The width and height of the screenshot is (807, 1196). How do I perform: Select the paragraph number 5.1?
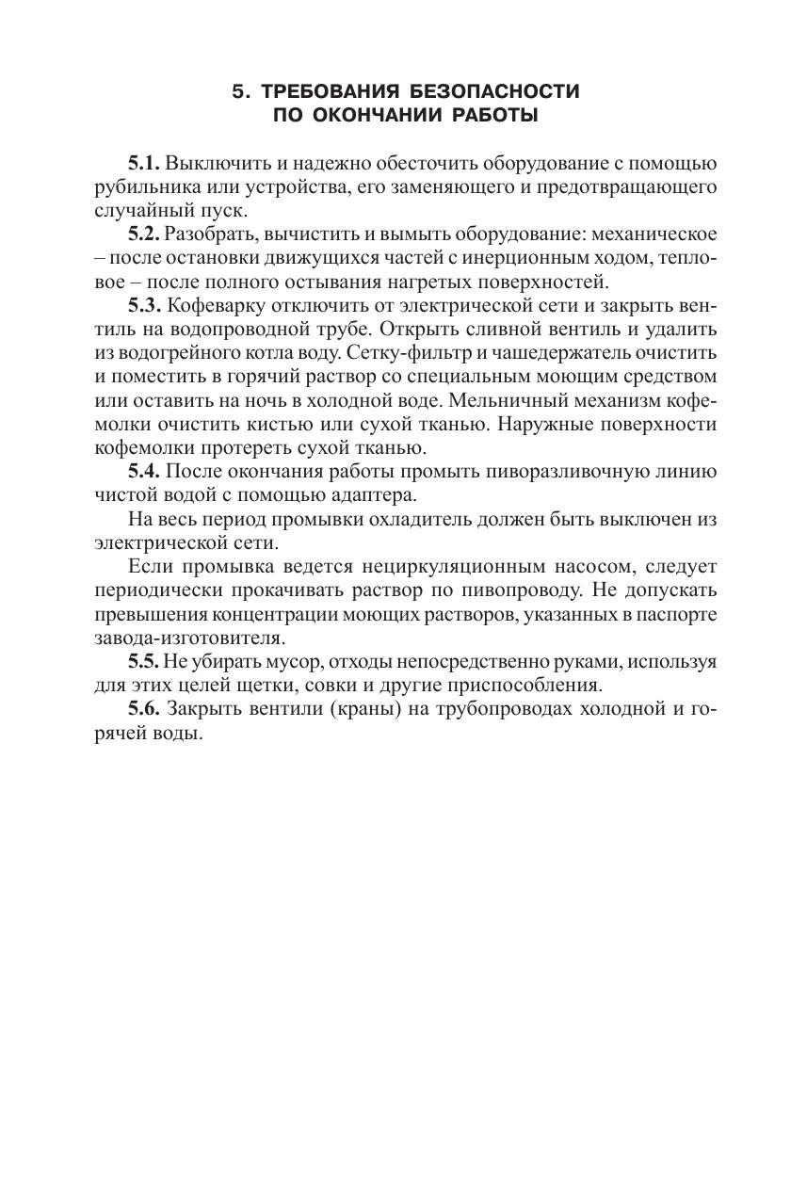[145, 162]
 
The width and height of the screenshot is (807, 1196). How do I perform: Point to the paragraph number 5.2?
[144, 232]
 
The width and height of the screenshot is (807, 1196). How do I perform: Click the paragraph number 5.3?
[145, 305]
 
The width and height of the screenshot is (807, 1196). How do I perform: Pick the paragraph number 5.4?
[145, 470]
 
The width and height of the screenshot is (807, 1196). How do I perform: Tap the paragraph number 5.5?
[144, 660]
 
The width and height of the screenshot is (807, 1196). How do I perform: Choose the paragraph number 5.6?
[145, 709]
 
